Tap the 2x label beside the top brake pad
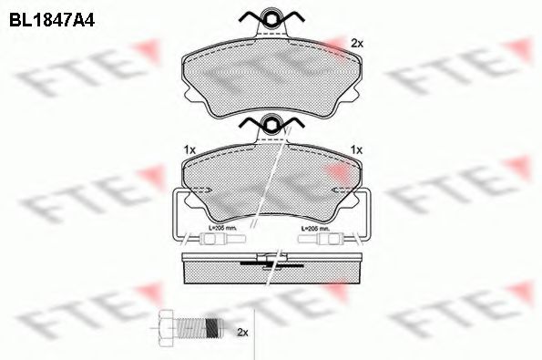tap(357, 44)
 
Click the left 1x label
tap(189, 149)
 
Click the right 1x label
tap(357, 149)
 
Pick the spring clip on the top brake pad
tap(271, 17)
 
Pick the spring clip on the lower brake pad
tap(271, 125)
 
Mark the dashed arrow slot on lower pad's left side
tap(202, 189)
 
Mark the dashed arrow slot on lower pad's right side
tap(339, 189)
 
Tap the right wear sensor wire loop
tap(365, 219)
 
